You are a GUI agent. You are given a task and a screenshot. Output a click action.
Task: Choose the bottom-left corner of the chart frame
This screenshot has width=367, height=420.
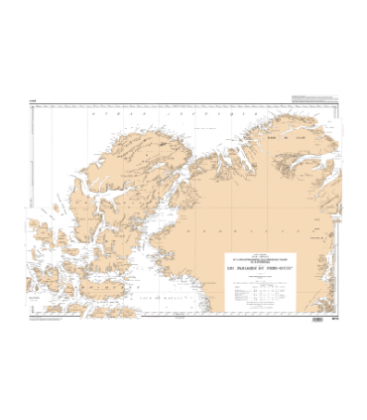(30, 316)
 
